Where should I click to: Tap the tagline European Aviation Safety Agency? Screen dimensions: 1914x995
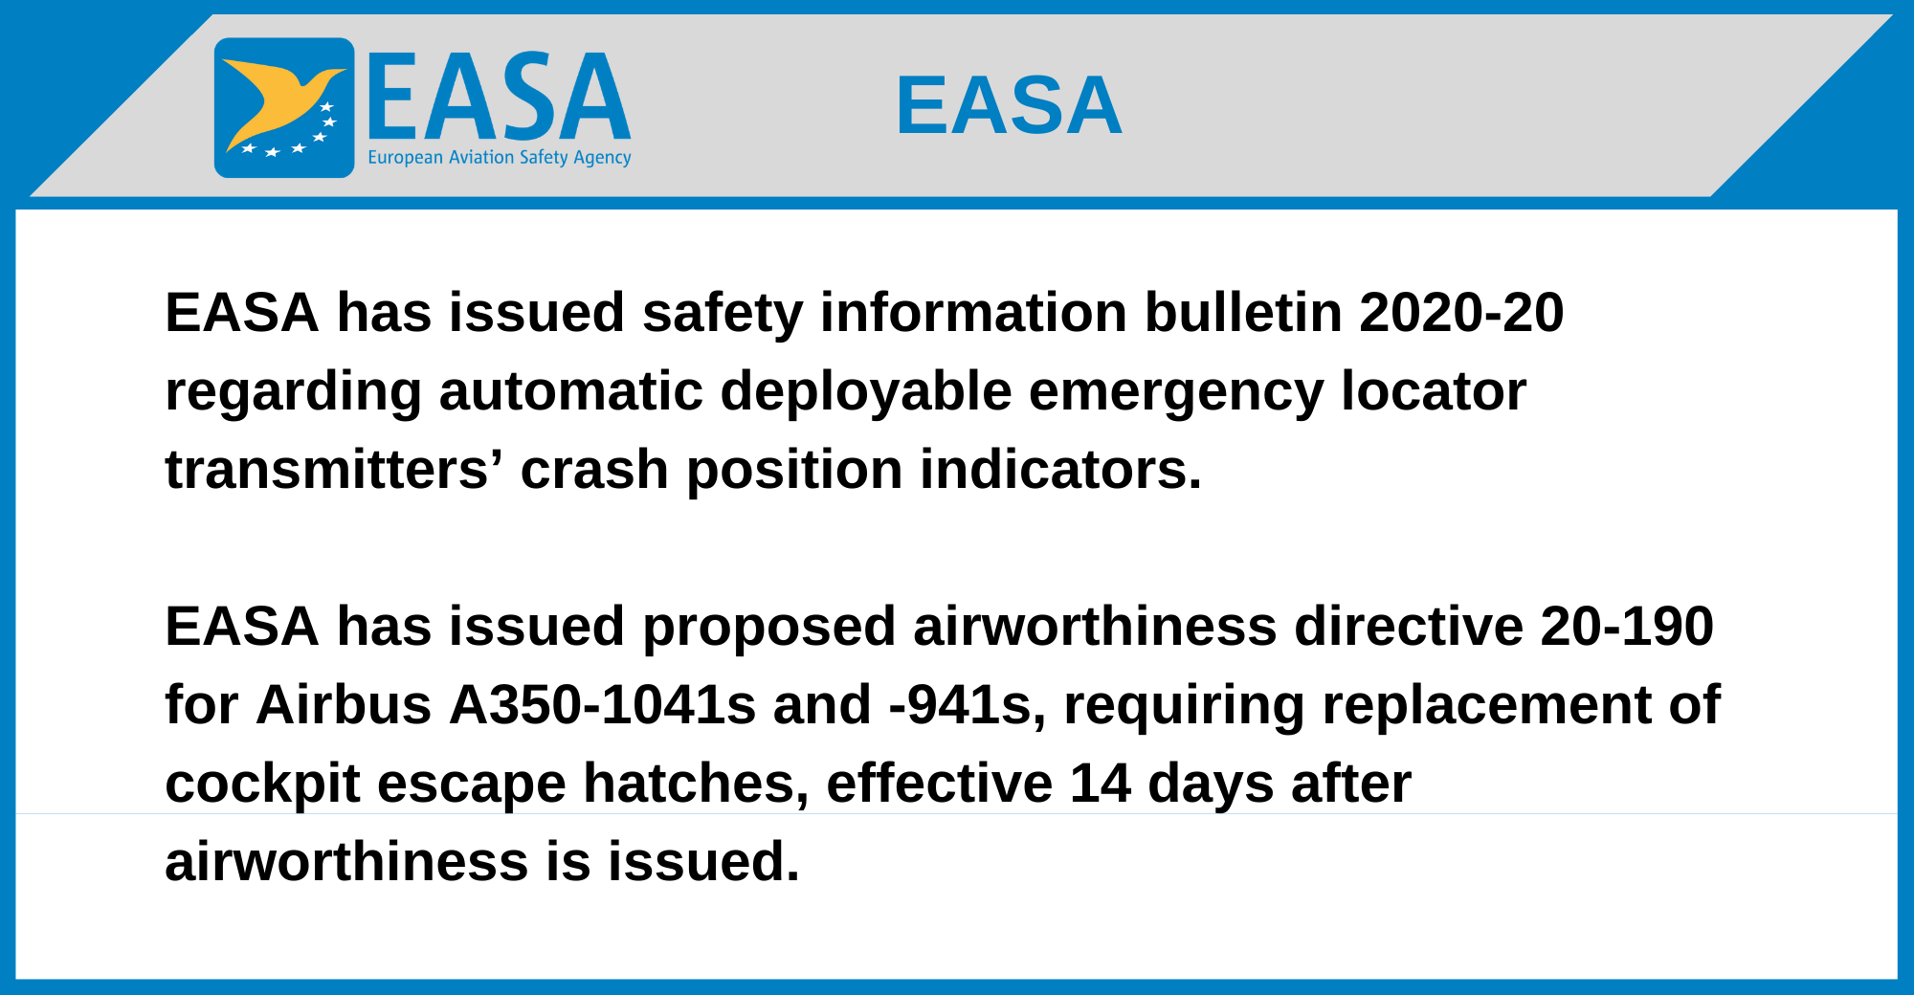click(x=500, y=158)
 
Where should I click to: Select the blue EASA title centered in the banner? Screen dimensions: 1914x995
click(x=1009, y=105)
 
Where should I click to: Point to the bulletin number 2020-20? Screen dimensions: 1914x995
click(x=1461, y=313)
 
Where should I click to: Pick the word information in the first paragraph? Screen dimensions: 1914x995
click(x=973, y=313)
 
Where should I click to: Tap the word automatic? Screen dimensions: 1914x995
click(x=570, y=391)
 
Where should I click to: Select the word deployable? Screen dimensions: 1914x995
click(x=865, y=393)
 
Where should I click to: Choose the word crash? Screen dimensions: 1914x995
click(x=594, y=470)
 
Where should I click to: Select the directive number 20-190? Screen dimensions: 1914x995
click(x=1627, y=627)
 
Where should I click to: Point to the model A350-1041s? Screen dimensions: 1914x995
click(x=603, y=705)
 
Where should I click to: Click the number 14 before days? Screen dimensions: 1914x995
click(x=1100, y=784)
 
